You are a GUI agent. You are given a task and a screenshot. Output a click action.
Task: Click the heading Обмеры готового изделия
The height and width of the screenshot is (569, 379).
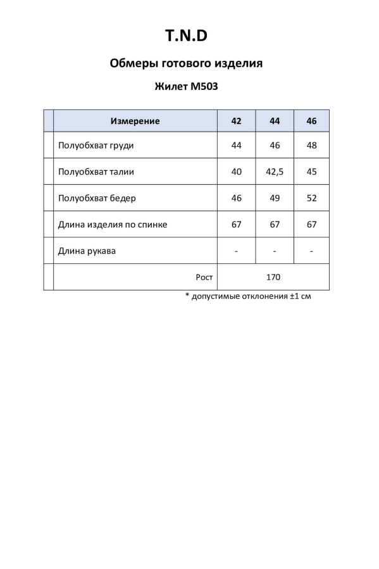point(186,63)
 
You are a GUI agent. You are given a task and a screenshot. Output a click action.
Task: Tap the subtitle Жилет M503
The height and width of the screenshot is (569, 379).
point(186,87)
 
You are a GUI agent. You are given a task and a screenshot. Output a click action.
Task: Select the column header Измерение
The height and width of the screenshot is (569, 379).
point(135,121)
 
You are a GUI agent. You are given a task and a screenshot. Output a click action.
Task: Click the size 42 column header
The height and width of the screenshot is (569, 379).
point(236,121)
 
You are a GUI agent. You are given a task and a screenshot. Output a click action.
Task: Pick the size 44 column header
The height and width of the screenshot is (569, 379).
point(275,121)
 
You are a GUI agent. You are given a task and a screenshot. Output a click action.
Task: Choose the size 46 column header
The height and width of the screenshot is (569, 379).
point(311,121)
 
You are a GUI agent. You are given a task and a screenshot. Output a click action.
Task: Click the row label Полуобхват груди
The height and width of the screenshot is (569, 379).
point(96,145)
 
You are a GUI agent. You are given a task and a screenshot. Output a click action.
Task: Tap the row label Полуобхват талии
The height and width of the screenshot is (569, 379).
point(96,172)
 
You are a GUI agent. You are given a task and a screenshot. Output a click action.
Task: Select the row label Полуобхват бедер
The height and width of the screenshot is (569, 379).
point(97,198)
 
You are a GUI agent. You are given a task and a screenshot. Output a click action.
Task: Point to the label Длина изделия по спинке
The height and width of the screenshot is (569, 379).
point(113,224)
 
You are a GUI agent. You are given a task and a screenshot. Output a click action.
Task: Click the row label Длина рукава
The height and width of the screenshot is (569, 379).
point(87,251)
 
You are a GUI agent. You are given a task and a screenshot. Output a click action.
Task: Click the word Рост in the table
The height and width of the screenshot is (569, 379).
point(204,277)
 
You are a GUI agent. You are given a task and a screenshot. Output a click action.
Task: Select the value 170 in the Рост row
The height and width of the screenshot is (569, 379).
point(273,277)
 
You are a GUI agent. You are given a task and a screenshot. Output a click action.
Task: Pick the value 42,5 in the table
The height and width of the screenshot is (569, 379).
point(275,172)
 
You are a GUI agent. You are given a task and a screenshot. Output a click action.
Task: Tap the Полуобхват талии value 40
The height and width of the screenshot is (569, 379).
point(236,172)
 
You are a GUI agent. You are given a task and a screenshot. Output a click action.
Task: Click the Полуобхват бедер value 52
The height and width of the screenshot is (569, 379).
point(311,198)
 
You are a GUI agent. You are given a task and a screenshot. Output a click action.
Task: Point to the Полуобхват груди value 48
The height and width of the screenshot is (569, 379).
point(311,145)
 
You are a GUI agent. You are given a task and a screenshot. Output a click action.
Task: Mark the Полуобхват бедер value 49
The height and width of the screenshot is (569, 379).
point(275,198)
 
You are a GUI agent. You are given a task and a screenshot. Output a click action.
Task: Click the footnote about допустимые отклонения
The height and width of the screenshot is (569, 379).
point(248,296)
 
